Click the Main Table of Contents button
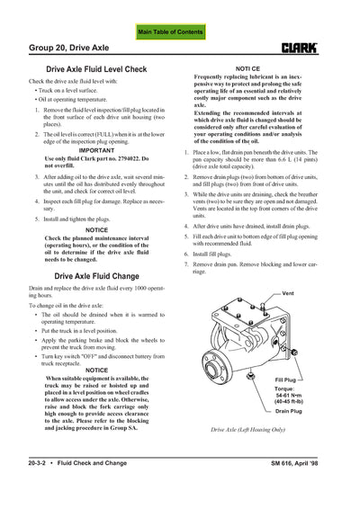[x=179, y=31]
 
